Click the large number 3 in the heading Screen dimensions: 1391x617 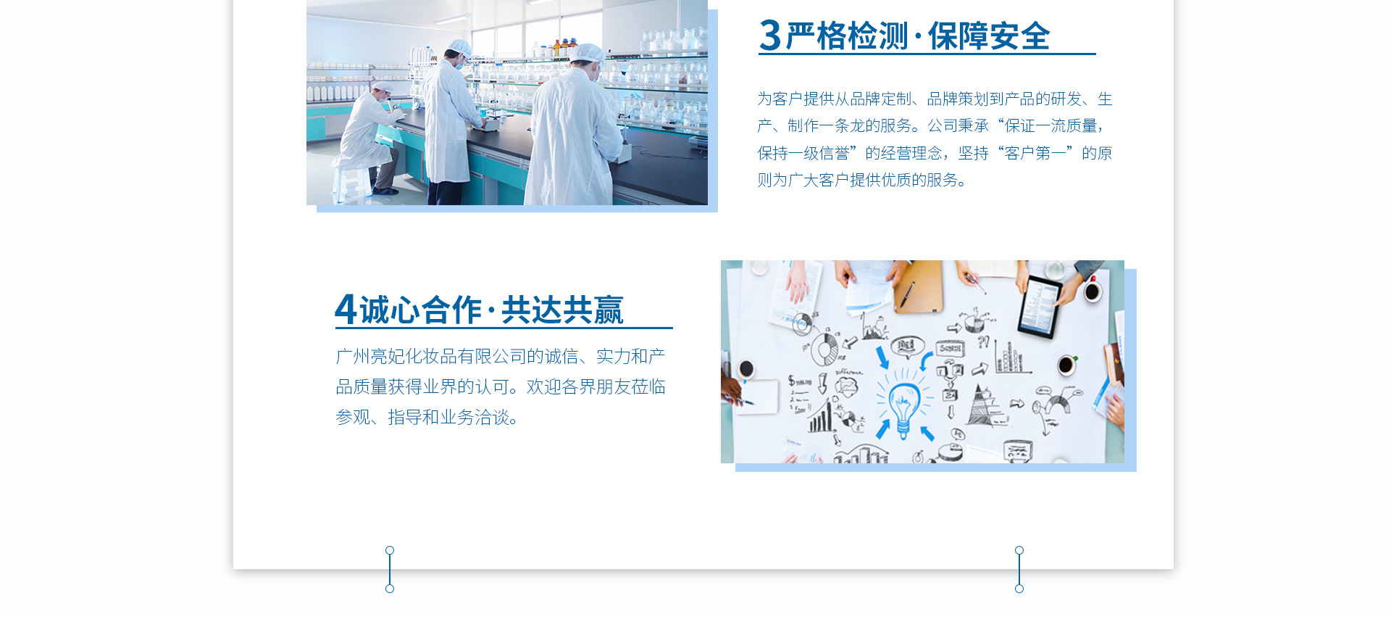(769, 36)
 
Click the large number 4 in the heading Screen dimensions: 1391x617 (346, 309)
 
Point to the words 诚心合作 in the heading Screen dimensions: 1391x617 (420, 310)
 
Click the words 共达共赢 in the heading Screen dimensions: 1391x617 (562, 310)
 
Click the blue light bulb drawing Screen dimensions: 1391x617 (903, 407)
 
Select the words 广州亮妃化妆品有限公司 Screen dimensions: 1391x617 (431, 356)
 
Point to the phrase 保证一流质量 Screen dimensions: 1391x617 (1051, 125)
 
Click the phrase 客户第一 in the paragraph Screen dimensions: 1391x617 (1035, 153)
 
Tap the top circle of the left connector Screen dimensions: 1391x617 (390, 550)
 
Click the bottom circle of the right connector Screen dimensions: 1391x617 (1019, 589)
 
